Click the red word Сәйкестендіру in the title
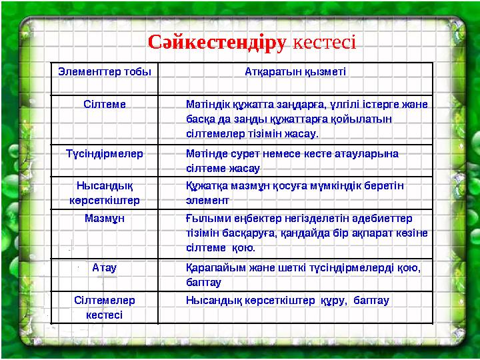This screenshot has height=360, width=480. (x=217, y=43)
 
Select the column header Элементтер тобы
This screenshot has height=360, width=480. (x=104, y=70)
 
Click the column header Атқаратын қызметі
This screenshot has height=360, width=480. (x=295, y=70)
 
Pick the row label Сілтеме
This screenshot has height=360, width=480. (x=104, y=104)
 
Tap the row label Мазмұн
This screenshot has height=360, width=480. (x=104, y=218)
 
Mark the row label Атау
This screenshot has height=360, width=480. (x=104, y=267)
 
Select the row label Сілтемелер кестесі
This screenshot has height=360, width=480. (x=104, y=307)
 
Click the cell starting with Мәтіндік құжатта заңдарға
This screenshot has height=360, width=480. (x=307, y=119)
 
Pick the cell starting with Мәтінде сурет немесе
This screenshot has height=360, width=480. (x=293, y=160)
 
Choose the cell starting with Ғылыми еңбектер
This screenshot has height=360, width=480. (x=307, y=233)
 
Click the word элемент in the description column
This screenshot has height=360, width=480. (x=208, y=199)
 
